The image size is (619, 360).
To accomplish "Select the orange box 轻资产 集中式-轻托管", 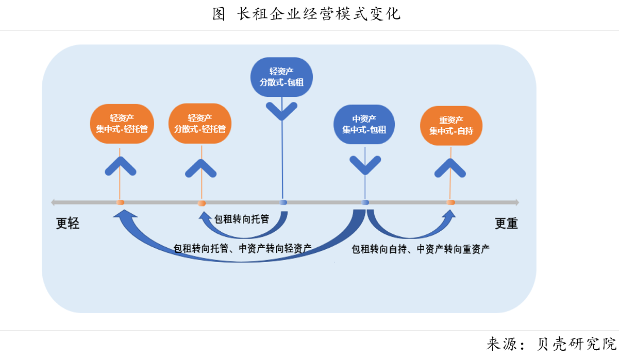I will tap(122, 124).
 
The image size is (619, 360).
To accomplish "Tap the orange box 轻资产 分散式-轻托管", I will tap(200, 124).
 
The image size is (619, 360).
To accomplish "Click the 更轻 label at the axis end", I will tap(68, 224).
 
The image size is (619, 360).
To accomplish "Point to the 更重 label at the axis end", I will tap(506, 224).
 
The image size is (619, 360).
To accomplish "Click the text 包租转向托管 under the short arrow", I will tap(241, 219).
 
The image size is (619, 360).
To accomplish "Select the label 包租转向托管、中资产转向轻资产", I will tap(242, 248).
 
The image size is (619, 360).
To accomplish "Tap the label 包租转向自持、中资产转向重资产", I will tap(420, 249).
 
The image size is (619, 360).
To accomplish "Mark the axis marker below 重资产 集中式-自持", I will tap(450, 202).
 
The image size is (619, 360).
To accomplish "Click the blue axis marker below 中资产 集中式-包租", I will tap(365, 202).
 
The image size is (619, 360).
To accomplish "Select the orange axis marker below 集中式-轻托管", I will tap(120, 202).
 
